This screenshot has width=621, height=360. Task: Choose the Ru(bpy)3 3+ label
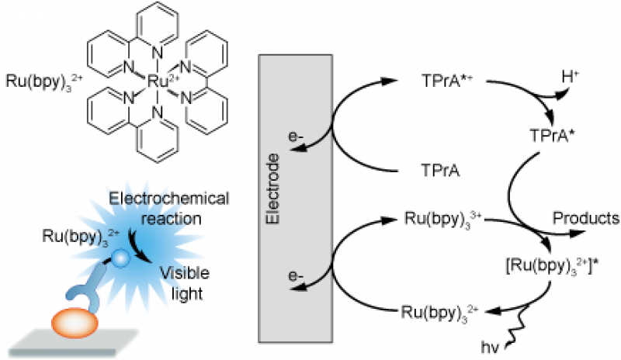435,220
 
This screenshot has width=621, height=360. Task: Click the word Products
585,218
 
